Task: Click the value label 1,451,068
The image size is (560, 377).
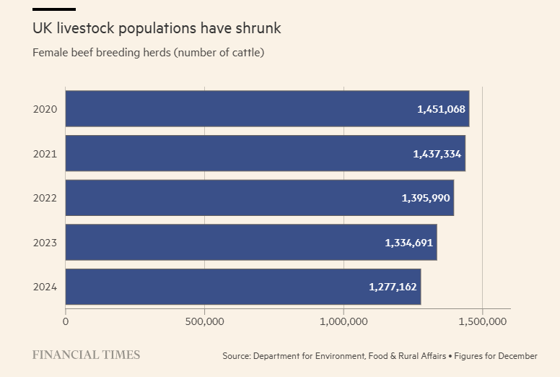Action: (442, 109)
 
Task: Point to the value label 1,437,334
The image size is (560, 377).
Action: (437, 154)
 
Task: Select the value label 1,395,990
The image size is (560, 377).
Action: (426, 198)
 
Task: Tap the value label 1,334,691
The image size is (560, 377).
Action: (409, 243)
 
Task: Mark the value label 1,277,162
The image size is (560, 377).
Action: (393, 287)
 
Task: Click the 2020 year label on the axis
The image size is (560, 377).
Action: (45, 109)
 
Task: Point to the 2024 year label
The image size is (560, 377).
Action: (45, 287)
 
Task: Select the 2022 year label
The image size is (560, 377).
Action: (45, 198)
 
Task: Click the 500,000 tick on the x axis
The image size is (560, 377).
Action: (204, 321)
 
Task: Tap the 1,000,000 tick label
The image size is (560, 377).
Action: (344, 321)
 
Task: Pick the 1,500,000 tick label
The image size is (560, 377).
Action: (482, 321)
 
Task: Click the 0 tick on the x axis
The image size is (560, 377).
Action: (66, 321)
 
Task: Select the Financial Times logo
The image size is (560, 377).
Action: (86, 355)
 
